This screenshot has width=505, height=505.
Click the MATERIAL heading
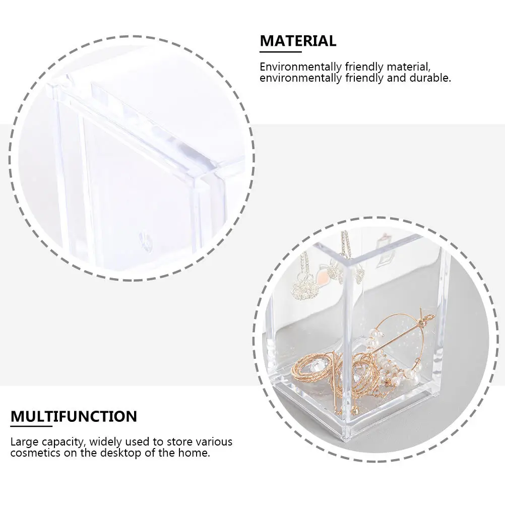click(x=298, y=41)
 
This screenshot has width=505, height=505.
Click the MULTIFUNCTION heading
click(x=74, y=417)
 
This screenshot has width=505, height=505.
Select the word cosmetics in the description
click(x=33, y=453)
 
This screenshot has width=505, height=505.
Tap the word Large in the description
click(x=22, y=441)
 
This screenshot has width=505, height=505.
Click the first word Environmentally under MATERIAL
click(x=300, y=67)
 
